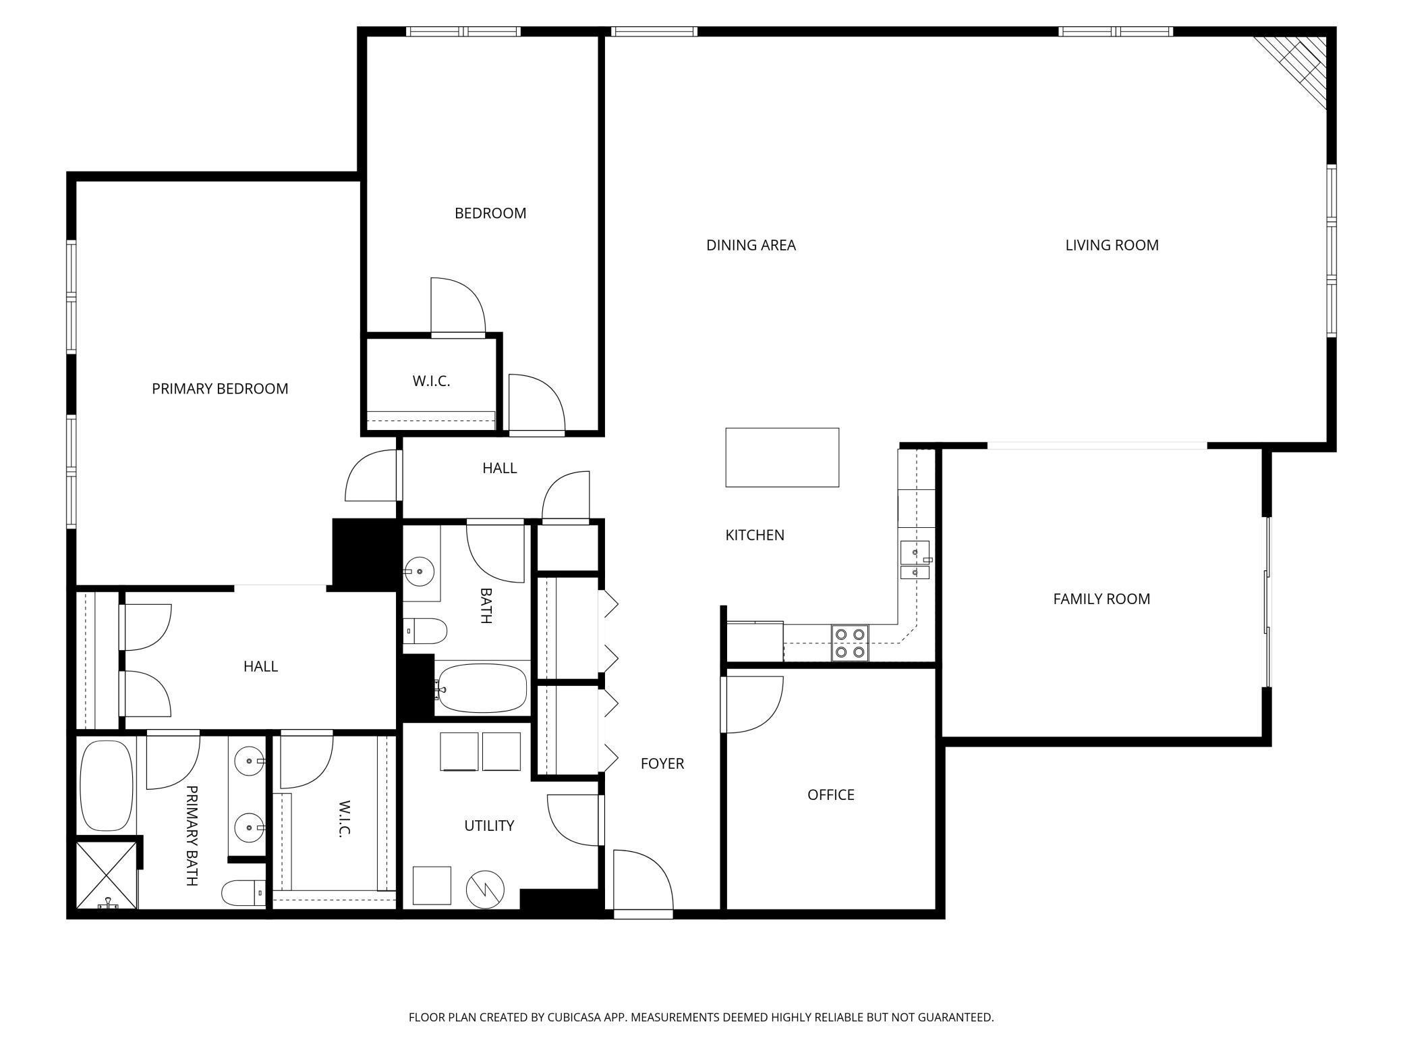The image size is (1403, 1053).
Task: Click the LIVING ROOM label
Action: (x=1112, y=245)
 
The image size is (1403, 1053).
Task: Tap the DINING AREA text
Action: (x=751, y=245)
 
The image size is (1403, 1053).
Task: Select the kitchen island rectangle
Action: (x=782, y=457)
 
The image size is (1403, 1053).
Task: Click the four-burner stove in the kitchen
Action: (x=850, y=643)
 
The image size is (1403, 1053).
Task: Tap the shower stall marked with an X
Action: (x=107, y=875)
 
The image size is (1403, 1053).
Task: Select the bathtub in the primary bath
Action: (x=107, y=786)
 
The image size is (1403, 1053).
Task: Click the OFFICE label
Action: (x=830, y=794)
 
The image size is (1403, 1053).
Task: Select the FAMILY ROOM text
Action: (x=1101, y=599)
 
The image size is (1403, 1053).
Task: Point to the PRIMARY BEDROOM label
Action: (x=220, y=389)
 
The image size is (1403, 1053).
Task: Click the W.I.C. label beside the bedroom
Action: (x=431, y=381)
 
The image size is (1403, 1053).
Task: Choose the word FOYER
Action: (x=662, y=763)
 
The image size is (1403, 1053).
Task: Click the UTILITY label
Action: (x=489, y=826)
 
